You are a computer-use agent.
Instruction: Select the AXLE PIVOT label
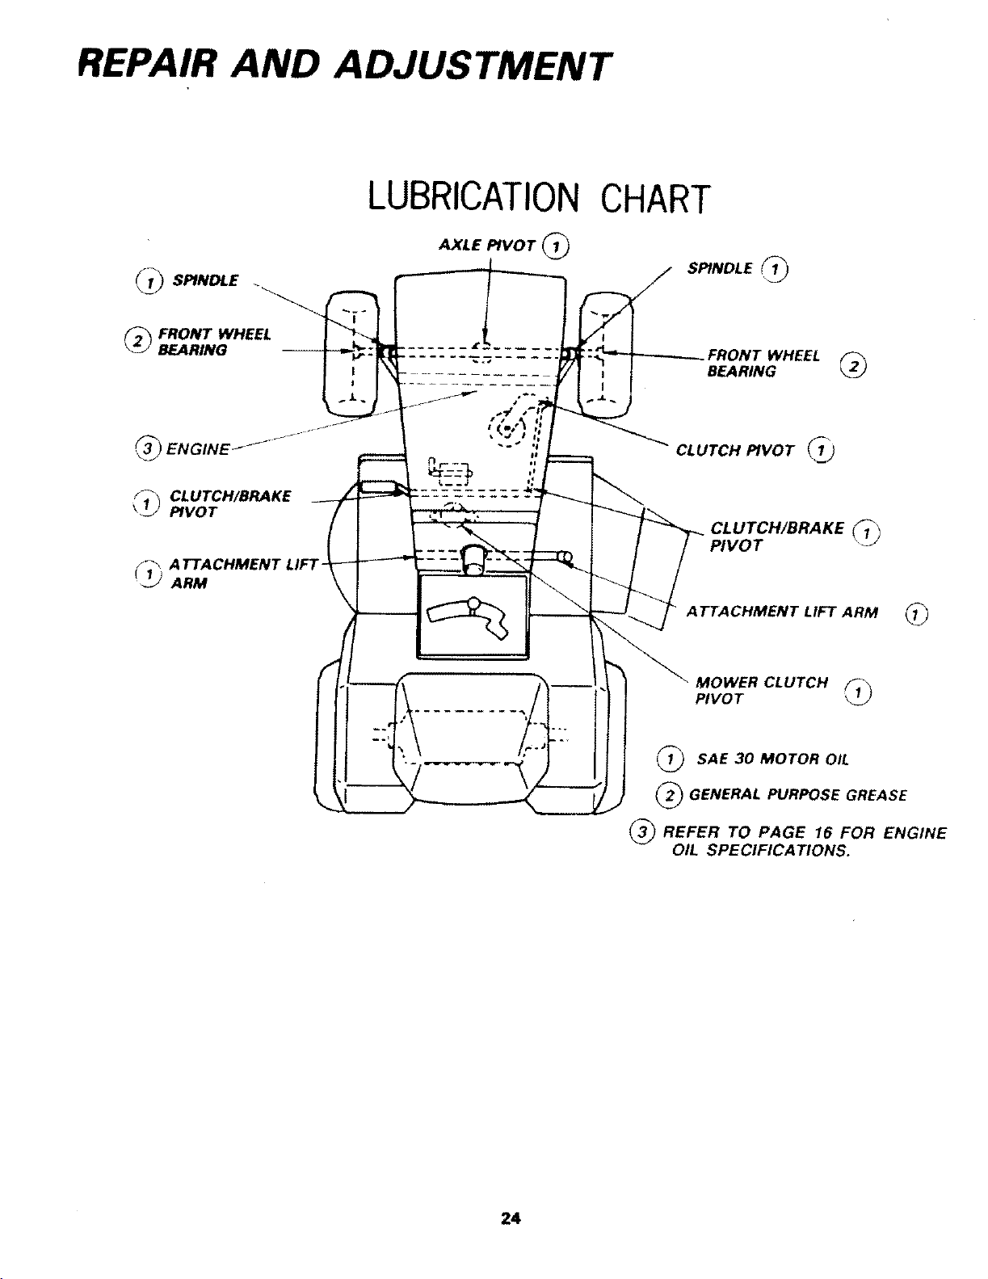pos(486,245)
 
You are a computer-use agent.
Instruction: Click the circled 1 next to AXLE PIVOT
pos(556,246)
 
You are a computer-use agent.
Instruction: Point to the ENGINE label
pos(198,450)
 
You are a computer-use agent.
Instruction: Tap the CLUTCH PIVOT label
pos(734,451)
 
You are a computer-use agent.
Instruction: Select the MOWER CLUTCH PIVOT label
pos(762,691)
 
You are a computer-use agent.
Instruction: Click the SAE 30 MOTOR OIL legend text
pos(772,759)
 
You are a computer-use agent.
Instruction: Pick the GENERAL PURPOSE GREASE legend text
pos(797,795)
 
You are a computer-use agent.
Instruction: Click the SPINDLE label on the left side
pos(204,280)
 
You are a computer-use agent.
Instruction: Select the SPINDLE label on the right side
pos(720,269)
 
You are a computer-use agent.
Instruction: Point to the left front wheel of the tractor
pos(351,354)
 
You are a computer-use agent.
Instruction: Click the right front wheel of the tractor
pos(606,354)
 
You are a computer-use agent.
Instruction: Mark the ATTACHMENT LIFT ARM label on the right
pos(782,612)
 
